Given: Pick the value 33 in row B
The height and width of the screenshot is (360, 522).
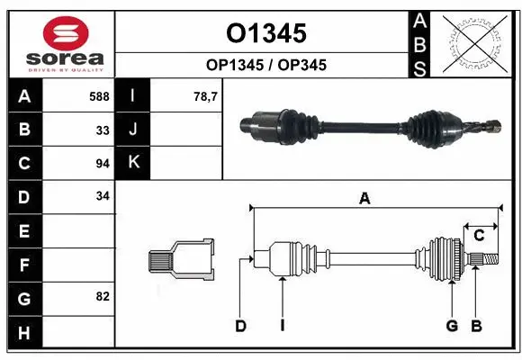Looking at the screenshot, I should point(102,129).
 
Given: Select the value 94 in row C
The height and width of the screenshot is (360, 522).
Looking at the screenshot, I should point(102,164).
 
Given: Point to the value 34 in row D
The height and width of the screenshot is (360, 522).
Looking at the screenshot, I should point(102,196).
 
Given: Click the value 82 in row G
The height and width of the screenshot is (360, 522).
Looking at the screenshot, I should point(102,296).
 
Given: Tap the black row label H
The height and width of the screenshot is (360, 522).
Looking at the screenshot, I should point(24,333).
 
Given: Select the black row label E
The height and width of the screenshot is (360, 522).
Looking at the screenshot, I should point(24,231).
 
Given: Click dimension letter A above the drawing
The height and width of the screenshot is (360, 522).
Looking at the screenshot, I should point(364,200).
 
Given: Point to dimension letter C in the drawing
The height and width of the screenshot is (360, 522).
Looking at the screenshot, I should point(480,236).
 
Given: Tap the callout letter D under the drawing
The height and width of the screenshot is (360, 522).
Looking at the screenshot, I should point(240,325).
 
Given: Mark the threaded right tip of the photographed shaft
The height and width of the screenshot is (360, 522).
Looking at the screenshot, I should point(490,128).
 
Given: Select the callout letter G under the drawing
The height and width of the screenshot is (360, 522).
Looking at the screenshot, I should point(452,325).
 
